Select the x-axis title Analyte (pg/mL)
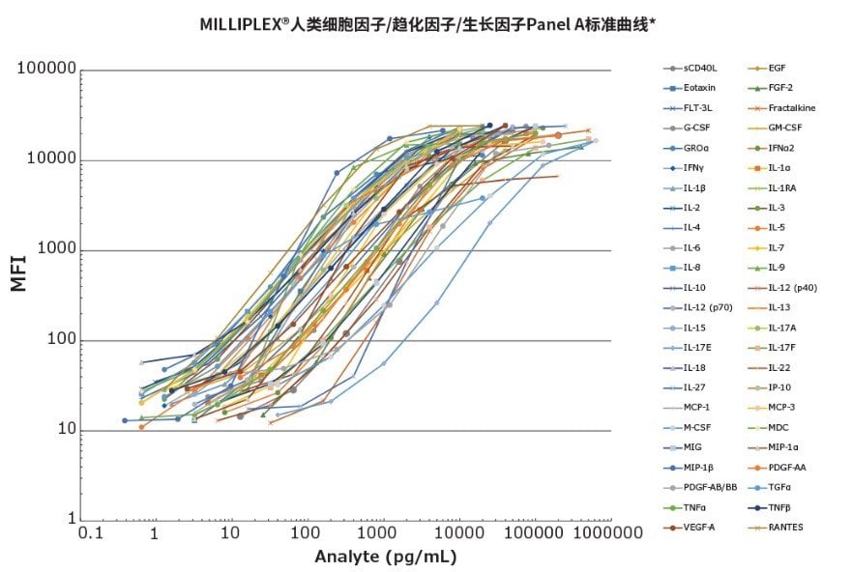click(x=385, y=557)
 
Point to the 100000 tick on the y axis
click(x=47, y=71)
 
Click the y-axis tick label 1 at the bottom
click(x=72, y=521)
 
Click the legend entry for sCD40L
click(x=696, y=68)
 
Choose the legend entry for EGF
click(x=777, y=68)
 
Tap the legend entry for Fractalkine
click(x=791, y=107)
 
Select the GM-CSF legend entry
click(x=786, y=128)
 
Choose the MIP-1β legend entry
click(x=697, y=467)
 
